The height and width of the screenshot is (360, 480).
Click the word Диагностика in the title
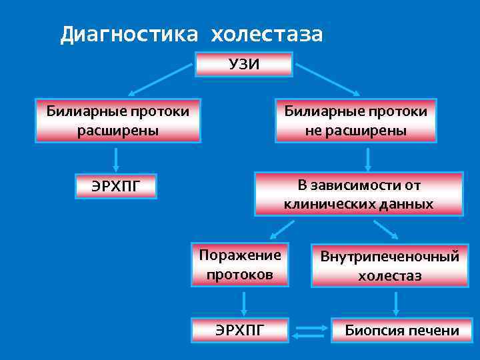129,35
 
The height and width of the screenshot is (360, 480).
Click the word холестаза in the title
267,35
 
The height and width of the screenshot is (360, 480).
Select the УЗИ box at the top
244,64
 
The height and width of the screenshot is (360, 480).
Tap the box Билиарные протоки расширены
117,121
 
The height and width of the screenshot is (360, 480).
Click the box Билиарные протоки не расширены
356,121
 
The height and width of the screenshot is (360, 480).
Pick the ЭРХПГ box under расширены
116,186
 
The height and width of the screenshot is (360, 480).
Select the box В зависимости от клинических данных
359,194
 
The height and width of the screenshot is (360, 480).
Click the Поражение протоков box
240,265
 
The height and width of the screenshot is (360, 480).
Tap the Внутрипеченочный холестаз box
389,265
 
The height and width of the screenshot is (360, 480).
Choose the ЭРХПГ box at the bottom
240,329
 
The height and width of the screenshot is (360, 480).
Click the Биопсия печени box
401,330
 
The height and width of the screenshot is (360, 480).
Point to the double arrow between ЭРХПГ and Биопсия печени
309,330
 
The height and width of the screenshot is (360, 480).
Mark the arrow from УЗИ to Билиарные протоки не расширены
328,79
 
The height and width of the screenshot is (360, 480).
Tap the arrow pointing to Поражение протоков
283,229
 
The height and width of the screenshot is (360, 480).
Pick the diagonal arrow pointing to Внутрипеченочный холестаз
386,229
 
